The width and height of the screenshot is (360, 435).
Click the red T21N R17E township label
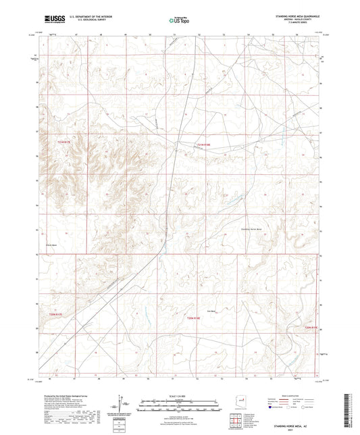pyautogui.click(x=63, y=142)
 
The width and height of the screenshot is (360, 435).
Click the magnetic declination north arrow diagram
pyautogui.click(x=122, y=405)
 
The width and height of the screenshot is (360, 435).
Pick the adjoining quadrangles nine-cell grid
pyautogui.click(x=236, y=422)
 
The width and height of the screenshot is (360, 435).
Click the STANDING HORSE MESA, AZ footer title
pyautogui.click(x=300, y=428)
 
